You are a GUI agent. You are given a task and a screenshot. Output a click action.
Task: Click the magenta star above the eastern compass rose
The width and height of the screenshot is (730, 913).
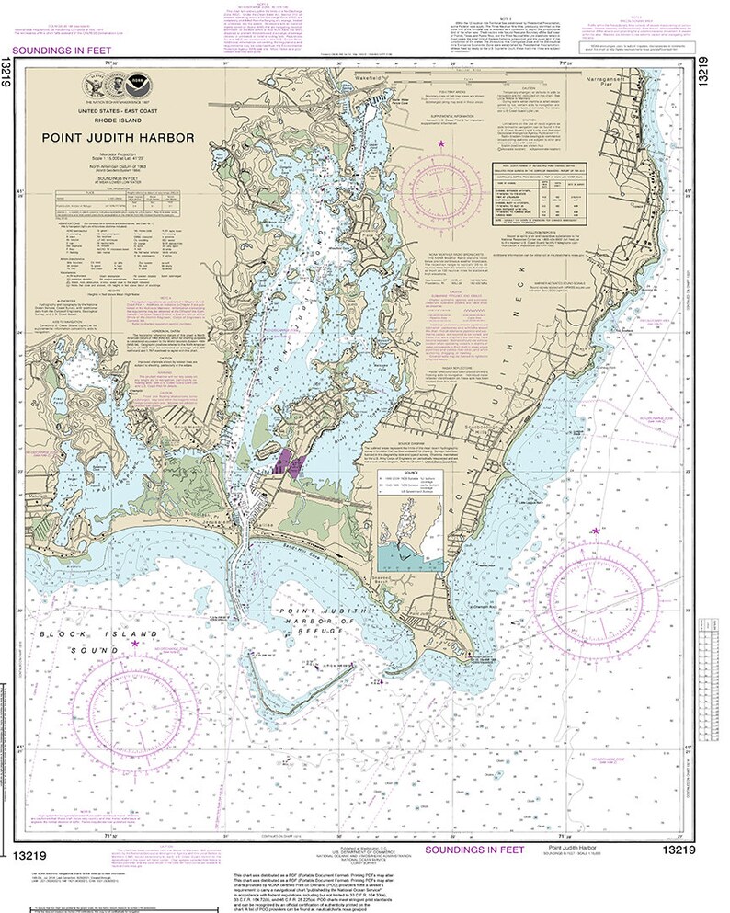tap(596, 531)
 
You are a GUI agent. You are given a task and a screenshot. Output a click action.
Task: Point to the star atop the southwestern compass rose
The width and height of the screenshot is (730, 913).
tap(134, 644)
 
